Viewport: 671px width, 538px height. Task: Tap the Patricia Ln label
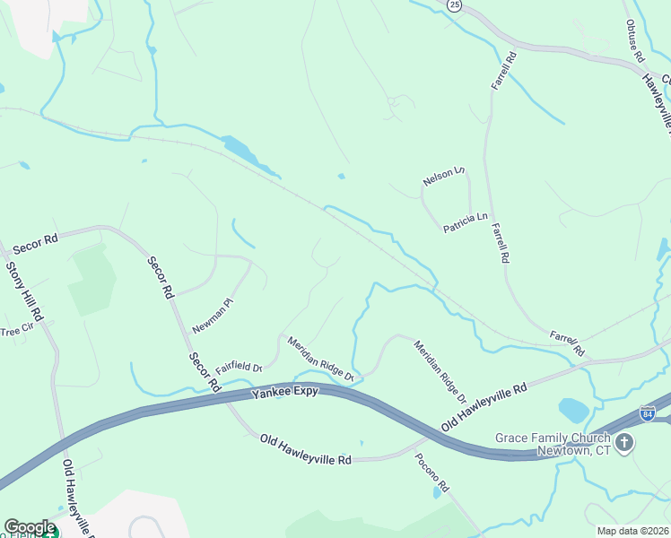point(465,222)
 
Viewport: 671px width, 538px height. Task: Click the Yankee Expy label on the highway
point(284,393)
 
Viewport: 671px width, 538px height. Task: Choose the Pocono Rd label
point(431,472)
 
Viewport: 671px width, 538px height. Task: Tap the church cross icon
point(624,442)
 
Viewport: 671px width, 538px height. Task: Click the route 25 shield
point(454,5)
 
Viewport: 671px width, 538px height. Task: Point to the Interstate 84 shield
point(648,412)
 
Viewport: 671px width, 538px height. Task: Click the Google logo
point(30,527)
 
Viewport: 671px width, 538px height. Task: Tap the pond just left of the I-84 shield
point(573,411)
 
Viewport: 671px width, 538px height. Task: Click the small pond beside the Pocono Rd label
point(436,491)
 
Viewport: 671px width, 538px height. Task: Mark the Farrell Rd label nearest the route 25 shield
point(504,71)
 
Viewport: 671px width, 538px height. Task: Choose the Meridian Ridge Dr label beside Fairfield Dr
point(320,359)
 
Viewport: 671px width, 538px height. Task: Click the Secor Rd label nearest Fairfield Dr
point(204,371)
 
